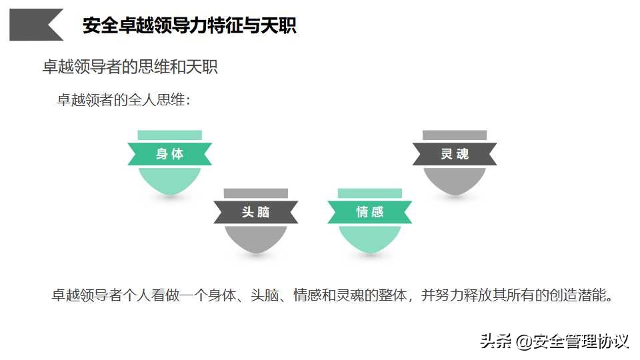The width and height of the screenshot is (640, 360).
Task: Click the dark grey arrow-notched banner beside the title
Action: (x=33, y=25)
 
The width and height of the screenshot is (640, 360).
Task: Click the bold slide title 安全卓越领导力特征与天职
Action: (x=189, y=25)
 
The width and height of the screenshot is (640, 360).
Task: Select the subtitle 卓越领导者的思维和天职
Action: (x=130, y=67)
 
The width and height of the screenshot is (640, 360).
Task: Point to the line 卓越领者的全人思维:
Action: (x=124, y=99)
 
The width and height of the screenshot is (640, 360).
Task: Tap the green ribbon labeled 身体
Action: (x=170, y=154)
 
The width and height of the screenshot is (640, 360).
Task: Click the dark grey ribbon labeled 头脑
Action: (x=256, y=212)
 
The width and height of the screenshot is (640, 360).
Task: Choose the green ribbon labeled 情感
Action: (x=370, y=212)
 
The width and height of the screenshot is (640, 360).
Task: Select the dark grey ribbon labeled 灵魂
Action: (x=455, y=154)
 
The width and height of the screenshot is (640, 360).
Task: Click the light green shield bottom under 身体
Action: (x=170, y=179)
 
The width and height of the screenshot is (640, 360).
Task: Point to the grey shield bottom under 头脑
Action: (x=256, y=238)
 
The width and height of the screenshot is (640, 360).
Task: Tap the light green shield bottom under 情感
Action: (x=370, y=238)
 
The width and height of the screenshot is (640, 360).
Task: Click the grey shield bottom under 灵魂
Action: (x=455, y=179)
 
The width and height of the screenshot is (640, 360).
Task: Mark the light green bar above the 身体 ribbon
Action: (x=170, y=135)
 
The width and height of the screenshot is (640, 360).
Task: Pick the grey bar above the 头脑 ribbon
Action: (x=256, y=193)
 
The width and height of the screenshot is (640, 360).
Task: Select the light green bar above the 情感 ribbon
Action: (x=370, y=193)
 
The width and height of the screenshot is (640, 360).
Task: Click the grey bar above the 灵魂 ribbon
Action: (x=455, y=135)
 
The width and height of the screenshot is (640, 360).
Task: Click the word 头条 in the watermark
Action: (x=495, y=341)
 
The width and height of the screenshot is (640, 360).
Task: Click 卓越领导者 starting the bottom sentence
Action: (x=87, y=295)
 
